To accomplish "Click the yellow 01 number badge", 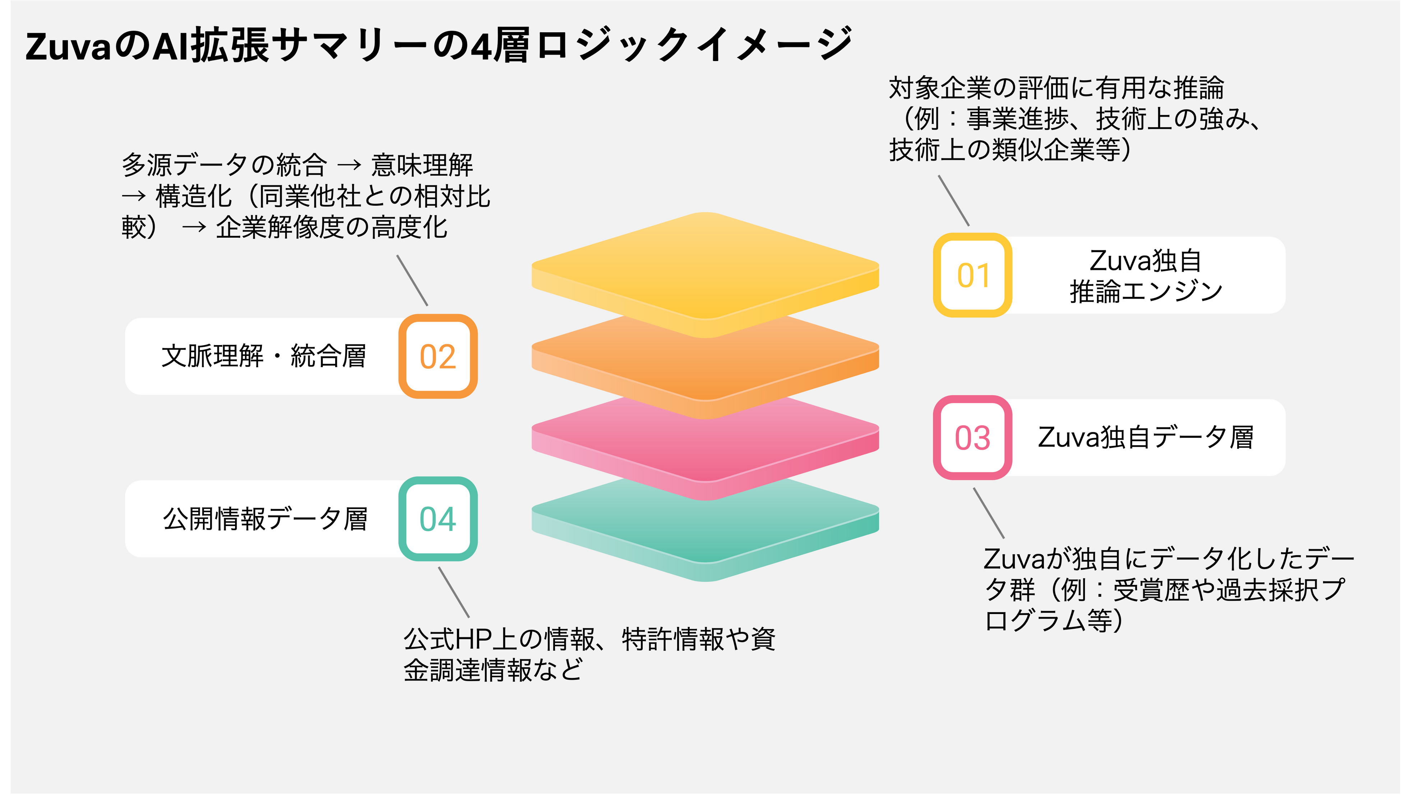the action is pyautogui.click(x=972, y=275).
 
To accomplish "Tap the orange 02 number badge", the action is pyautogui.click(x=438, y=357).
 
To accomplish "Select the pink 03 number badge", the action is pyautogui.click(x=972, y=437).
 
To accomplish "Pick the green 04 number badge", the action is pyautogui.click(x=438, y=519).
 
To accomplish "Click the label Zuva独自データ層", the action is pyautogui.click(x=1145, y=437).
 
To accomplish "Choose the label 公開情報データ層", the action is pyautogui.click(x=265, y=519).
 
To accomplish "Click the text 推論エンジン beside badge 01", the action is pyautogui.click(x=1145, y=291).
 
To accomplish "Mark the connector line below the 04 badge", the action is pyautogui.click(x=453, y=592).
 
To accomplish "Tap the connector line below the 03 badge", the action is pyautogui.click(x=989, y=513).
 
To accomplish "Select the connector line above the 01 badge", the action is pyautogui.click(x=954, y=200).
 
